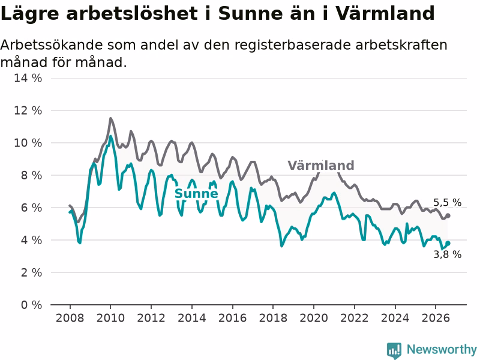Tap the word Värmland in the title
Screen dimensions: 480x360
385,13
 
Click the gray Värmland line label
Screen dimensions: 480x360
321,166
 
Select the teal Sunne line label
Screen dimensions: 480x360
196,193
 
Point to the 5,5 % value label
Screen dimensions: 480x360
447,202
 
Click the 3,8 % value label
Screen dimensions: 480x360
447,254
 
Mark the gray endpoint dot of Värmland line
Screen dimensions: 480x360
448,215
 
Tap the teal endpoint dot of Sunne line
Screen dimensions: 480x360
448,243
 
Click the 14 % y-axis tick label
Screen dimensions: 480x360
28,78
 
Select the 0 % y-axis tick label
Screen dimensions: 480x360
32,305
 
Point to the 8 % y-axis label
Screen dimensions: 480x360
32,175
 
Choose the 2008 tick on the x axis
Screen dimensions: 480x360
70,318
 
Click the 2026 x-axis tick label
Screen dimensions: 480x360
436,318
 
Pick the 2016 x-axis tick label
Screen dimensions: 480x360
232,318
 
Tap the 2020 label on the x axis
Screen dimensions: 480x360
314,318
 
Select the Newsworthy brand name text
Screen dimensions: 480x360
442,349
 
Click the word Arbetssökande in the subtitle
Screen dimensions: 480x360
52,46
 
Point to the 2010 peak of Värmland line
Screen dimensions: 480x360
110,118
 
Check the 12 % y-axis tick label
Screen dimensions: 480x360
28,110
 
